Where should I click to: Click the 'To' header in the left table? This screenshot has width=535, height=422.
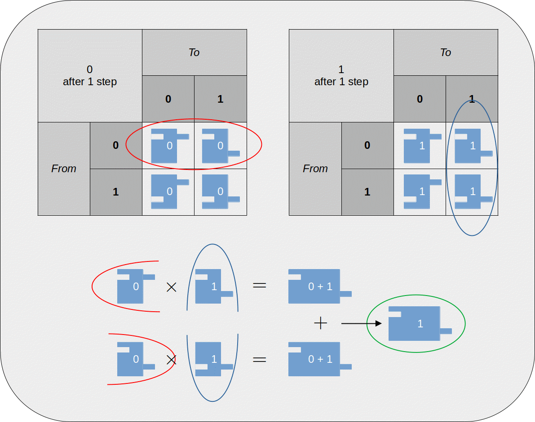(x=194, y=52)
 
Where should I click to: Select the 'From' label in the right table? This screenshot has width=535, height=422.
(x=315, y=169)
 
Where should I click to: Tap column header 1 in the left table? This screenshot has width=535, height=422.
(x=220, y=99)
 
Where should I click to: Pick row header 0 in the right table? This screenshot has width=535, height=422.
(x=367, y=145)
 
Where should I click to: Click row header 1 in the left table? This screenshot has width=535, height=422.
(x=115, y=192)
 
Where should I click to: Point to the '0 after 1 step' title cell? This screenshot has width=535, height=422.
(x=90, y=75)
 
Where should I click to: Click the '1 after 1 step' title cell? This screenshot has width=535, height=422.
(x=341, y=75)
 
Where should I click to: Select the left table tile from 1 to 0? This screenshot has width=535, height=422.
(x=167, y=192)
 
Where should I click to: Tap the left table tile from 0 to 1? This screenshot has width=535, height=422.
(x=218, y=146)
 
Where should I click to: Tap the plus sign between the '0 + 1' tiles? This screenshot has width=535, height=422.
(x=320, y=323)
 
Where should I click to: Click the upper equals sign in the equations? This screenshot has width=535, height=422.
(x=260, y=285)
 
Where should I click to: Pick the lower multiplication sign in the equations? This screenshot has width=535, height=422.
(x=171, y=360)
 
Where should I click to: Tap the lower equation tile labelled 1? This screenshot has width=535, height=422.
(x=212, y=359)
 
